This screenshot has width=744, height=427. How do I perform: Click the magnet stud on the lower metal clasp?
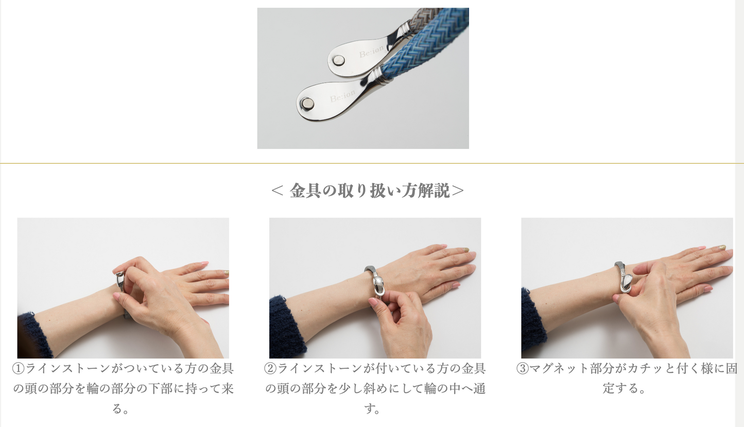307,104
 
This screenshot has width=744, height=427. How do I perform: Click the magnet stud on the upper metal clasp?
338,60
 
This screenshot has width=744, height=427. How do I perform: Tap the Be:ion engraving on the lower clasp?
342,96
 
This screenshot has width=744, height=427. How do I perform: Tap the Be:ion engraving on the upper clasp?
371,52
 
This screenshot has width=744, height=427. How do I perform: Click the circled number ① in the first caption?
18,368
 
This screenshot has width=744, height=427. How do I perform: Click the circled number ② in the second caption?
270,368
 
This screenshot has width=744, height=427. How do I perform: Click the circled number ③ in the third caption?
523,368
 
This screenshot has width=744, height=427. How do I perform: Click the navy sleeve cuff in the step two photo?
286,329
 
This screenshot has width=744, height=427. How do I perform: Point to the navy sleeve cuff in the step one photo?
33,336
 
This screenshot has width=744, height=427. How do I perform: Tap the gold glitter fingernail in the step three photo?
720,247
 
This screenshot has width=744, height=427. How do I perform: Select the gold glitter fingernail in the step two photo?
465,249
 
